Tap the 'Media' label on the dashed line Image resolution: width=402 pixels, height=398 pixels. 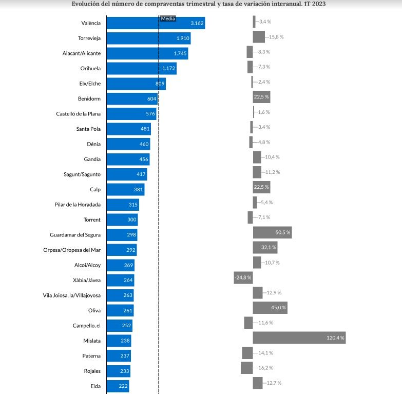click(x=167, y=18)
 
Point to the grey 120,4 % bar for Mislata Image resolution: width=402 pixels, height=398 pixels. click(x=299, y=338)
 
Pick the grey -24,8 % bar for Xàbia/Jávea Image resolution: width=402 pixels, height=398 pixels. click(x=243, y=278)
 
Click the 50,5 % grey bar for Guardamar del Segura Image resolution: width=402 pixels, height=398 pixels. click(x=272, y=233)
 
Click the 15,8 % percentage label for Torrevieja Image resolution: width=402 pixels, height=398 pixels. click(x=276, y=37)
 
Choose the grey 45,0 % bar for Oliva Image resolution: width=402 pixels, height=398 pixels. click(x=270, y=308)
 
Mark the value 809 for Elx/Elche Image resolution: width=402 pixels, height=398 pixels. click(x=160, y=84)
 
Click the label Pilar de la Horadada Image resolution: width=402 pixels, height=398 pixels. click(x=78, y=205)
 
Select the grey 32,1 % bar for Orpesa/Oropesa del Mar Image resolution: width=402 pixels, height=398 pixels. click(x=265, y=248)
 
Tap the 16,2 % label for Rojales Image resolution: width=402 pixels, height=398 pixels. click(x=265, y=368)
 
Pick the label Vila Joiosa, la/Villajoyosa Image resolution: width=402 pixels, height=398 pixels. click(x=72, y=295)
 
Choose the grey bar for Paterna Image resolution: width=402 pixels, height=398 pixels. click(x=247, y=353)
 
